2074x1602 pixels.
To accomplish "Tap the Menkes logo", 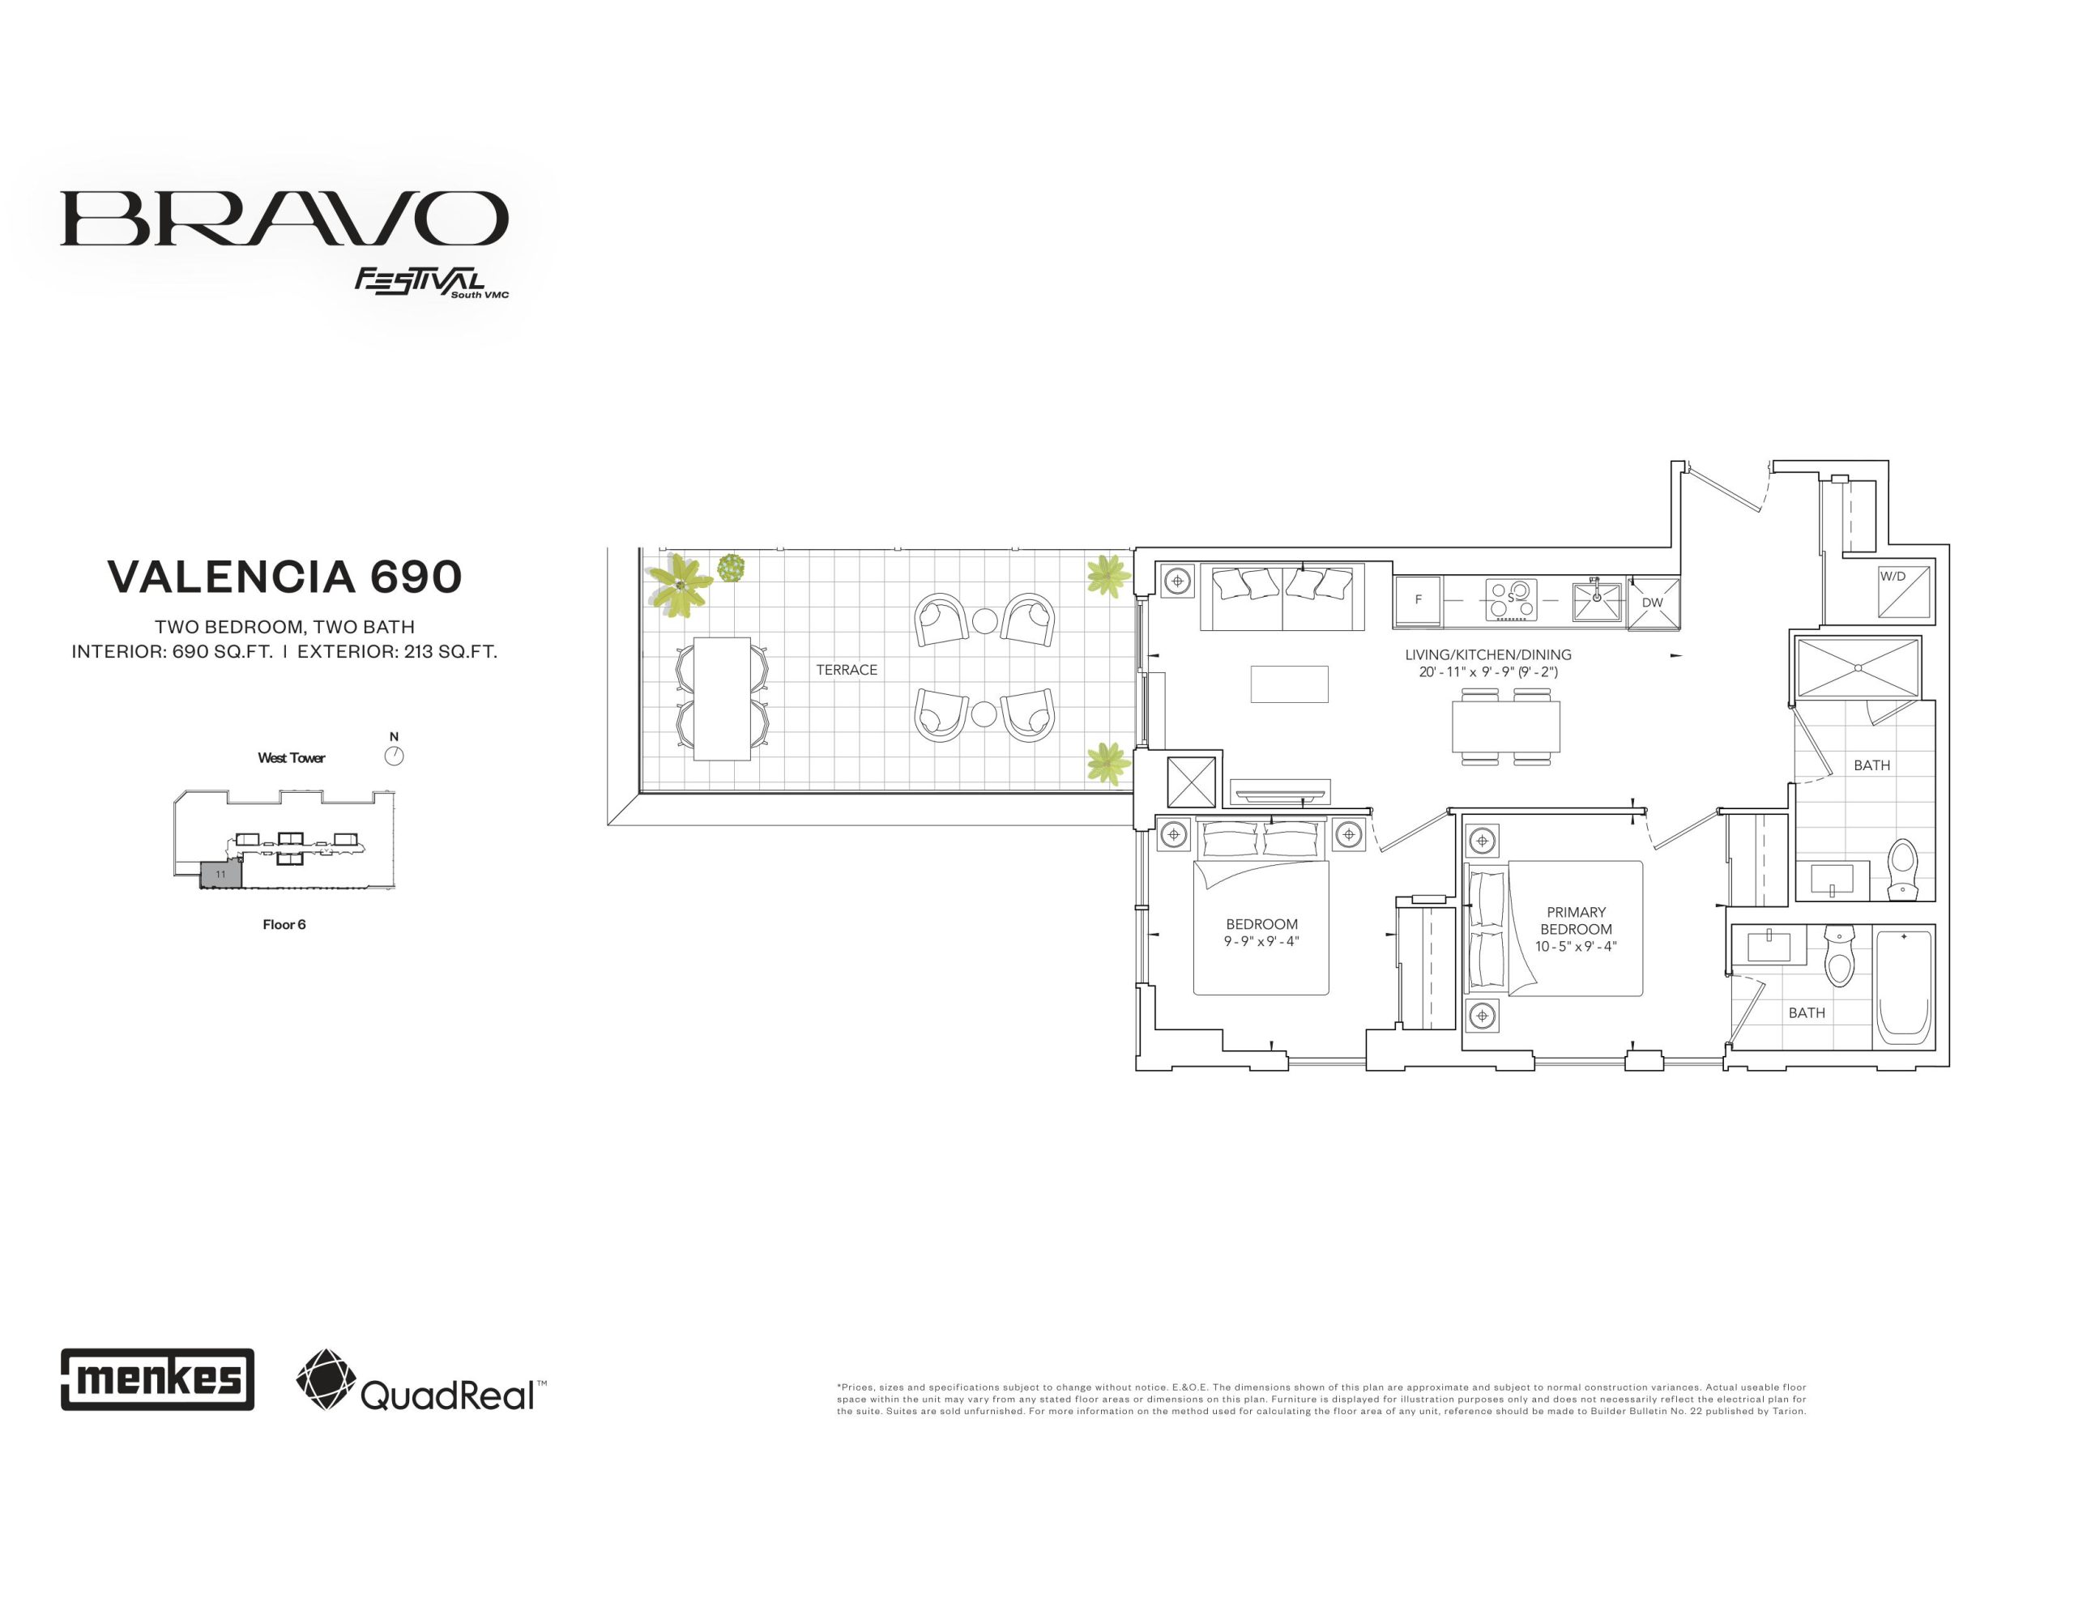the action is pyautogui.click(x=158, y=1378).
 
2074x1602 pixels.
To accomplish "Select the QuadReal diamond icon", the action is pyautogui.click(x=326, y=1378).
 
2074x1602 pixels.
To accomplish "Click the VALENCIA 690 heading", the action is pyautogui.click(x=285, y=577).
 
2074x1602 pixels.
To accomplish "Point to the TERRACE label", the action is pyautogui.click(x=846, y=671).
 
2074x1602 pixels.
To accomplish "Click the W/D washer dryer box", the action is pyautogui.click(x=1904, y=590).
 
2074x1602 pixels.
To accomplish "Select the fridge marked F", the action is pyautogui.click(x=1417, y=601).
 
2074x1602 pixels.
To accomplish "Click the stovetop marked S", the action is pyautogui.click(x=1512, y=599).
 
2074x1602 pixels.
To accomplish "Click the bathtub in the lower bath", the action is pyautogui.click(x=1904, y=986).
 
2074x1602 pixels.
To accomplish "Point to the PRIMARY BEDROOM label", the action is pyautogui.click(x=1577, y=920).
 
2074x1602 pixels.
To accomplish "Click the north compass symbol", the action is pyautogui.click(x=394, y=756).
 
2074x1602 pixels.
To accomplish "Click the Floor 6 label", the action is pyautogui.click(x=284, y=925).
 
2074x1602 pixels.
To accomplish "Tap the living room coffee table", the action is pyautogui.click(x=1289, y=684).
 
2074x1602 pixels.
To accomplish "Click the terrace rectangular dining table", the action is pyautogui.click(x=722, y=698).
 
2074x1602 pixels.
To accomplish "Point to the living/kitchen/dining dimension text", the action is pyautogui.click(x=1488, y=672).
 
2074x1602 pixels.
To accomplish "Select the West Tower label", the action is pyautogui.click(x=292, y=758).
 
